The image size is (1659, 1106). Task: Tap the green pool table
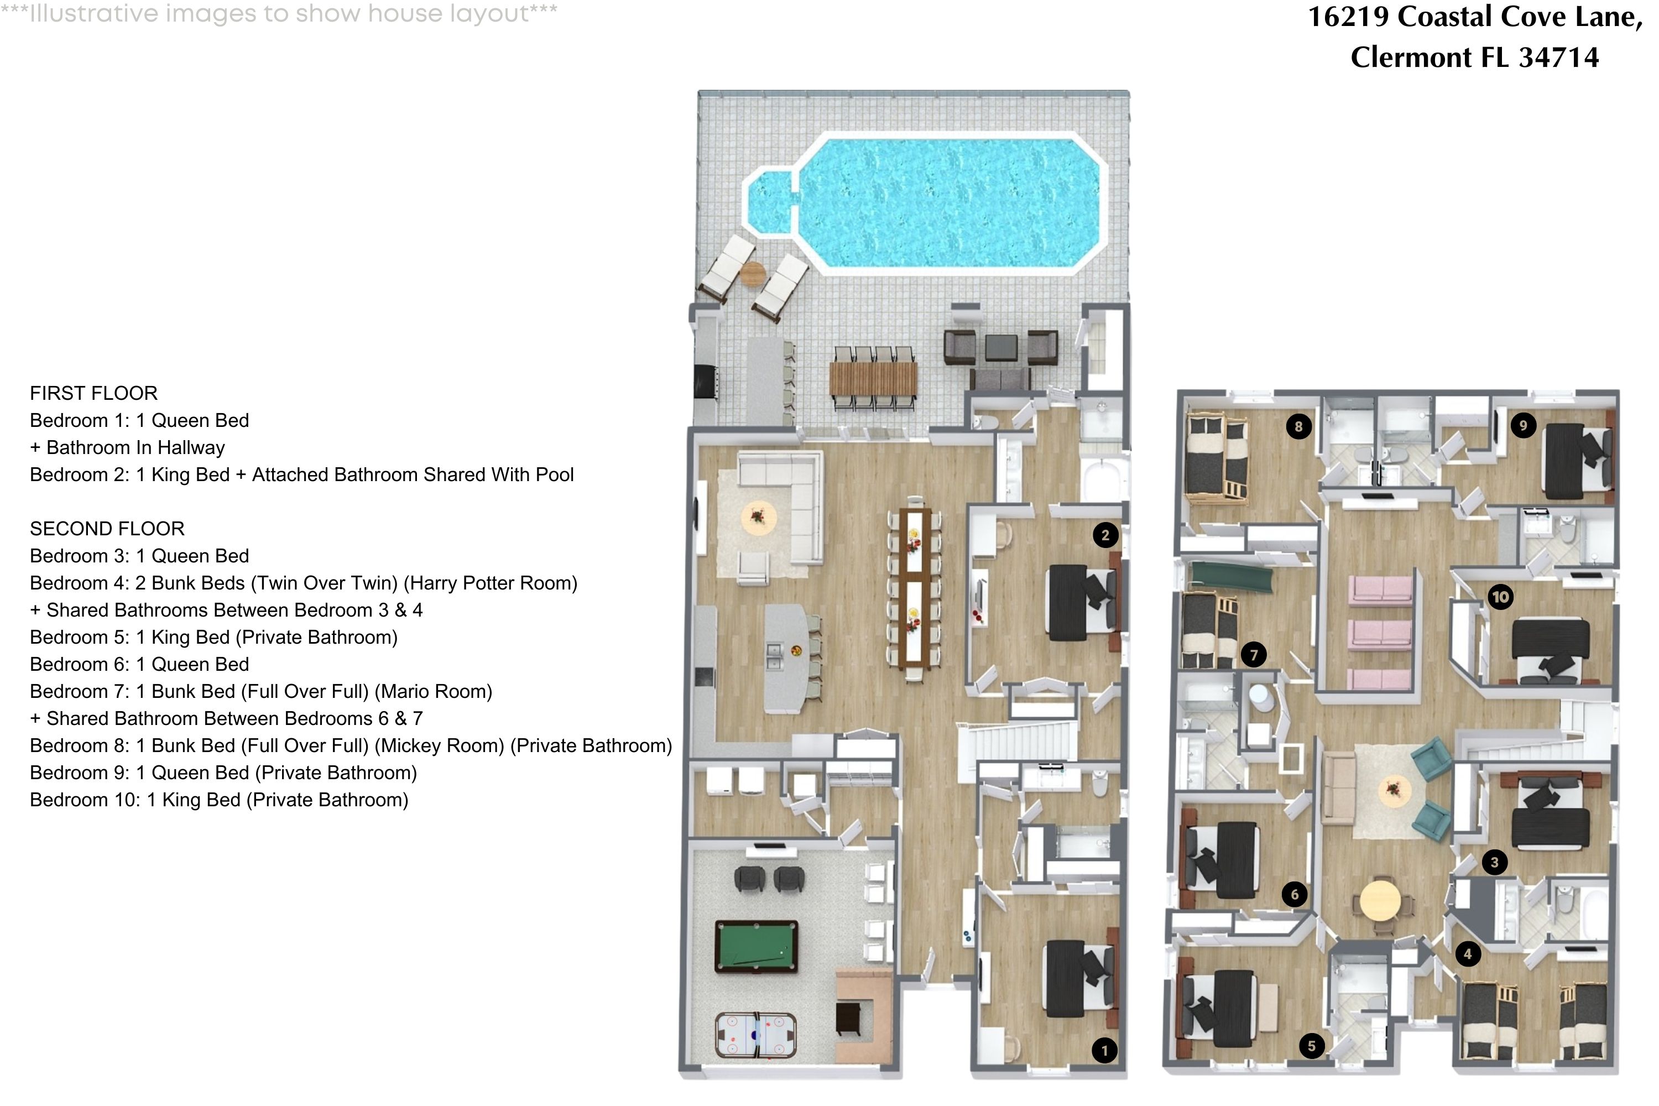(x=756, y=946)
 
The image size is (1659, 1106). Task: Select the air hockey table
(x=756, y=1035)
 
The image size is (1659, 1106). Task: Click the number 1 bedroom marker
(x=1104, y=1050)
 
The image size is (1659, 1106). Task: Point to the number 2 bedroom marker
(x=1105, y=535)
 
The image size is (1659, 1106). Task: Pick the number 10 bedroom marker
(x=1500, y=597)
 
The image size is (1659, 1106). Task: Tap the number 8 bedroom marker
(x=1298, y=426)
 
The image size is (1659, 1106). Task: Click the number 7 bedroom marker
(x=1254, y=655)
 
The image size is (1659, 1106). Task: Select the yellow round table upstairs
(x=1380, y=900)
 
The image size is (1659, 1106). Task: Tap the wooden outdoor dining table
(x=873, y=378)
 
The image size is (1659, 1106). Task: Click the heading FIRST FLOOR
(x=94, y=393)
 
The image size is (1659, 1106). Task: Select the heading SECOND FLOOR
(x=107, y=528)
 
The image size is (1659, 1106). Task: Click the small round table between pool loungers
(x=753, y=273)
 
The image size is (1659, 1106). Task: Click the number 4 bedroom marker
(x=1468, y=953)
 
